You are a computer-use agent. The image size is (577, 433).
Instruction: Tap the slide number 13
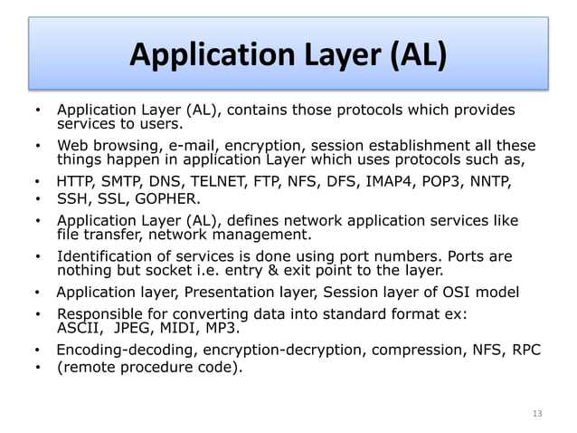point(537,413)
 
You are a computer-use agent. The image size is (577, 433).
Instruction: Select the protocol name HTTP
point(75,181)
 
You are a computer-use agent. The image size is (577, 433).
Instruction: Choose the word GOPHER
point(165,198)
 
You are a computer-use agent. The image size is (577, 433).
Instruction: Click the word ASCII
point(78,328)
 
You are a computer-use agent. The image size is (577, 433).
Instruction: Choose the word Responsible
point(99,314)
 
